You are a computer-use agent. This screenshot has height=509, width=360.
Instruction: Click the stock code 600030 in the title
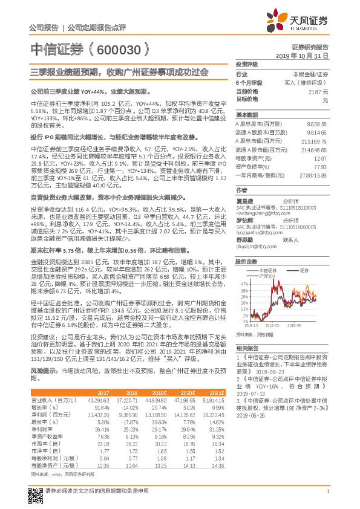click(120, 49)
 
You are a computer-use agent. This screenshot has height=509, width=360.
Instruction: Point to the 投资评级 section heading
click(246, 63)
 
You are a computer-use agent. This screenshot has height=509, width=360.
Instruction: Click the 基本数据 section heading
click(246, 114)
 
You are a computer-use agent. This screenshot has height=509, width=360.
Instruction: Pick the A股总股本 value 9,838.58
click(317, 123)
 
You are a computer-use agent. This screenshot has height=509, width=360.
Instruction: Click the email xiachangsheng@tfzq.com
click(260, 213)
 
